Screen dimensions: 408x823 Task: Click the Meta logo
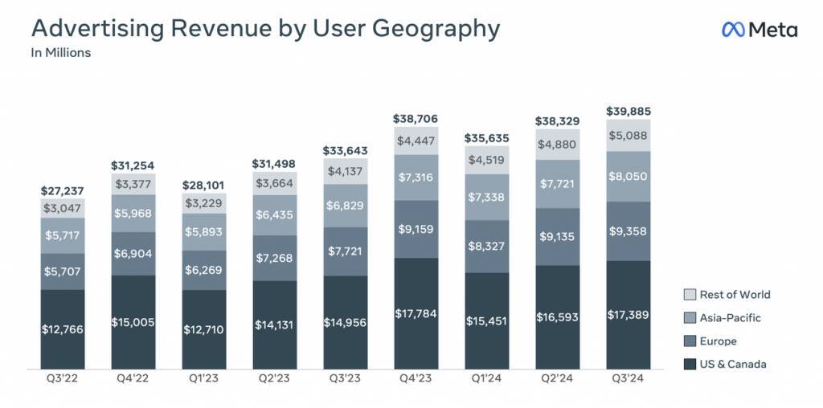759,31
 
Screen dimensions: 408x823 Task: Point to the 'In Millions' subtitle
60,54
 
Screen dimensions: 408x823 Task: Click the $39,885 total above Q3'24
628,110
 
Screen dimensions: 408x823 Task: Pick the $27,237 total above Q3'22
63,192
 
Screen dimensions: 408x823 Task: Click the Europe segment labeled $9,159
416,229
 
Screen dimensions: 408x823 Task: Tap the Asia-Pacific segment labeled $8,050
628,177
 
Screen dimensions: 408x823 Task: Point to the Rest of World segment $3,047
63,208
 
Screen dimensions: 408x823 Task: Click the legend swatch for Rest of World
688,295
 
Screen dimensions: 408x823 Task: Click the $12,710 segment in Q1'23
204,329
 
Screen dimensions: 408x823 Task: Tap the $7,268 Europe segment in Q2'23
275,258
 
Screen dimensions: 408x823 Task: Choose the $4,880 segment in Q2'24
557,145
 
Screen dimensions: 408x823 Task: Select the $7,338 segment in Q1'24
486,198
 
